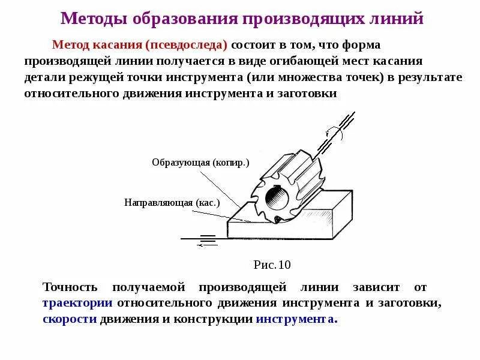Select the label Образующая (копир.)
200,163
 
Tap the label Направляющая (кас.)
172,202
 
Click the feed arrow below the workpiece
207,243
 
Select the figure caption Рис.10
272,265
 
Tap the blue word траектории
77,303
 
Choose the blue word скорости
70,319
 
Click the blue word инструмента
296,319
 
